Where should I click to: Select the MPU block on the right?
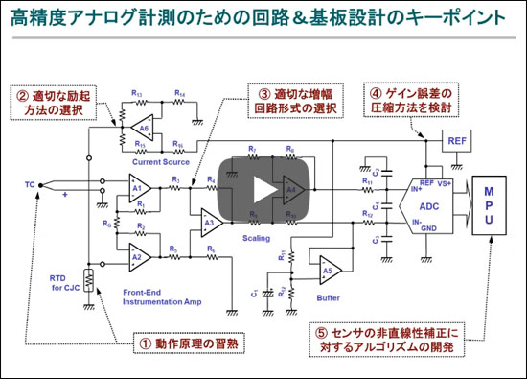tap(489, 205)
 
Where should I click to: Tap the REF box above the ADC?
tap(456, 141)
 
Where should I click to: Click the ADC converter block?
tap(426, 203)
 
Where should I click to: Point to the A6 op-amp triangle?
tap(145, 129)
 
